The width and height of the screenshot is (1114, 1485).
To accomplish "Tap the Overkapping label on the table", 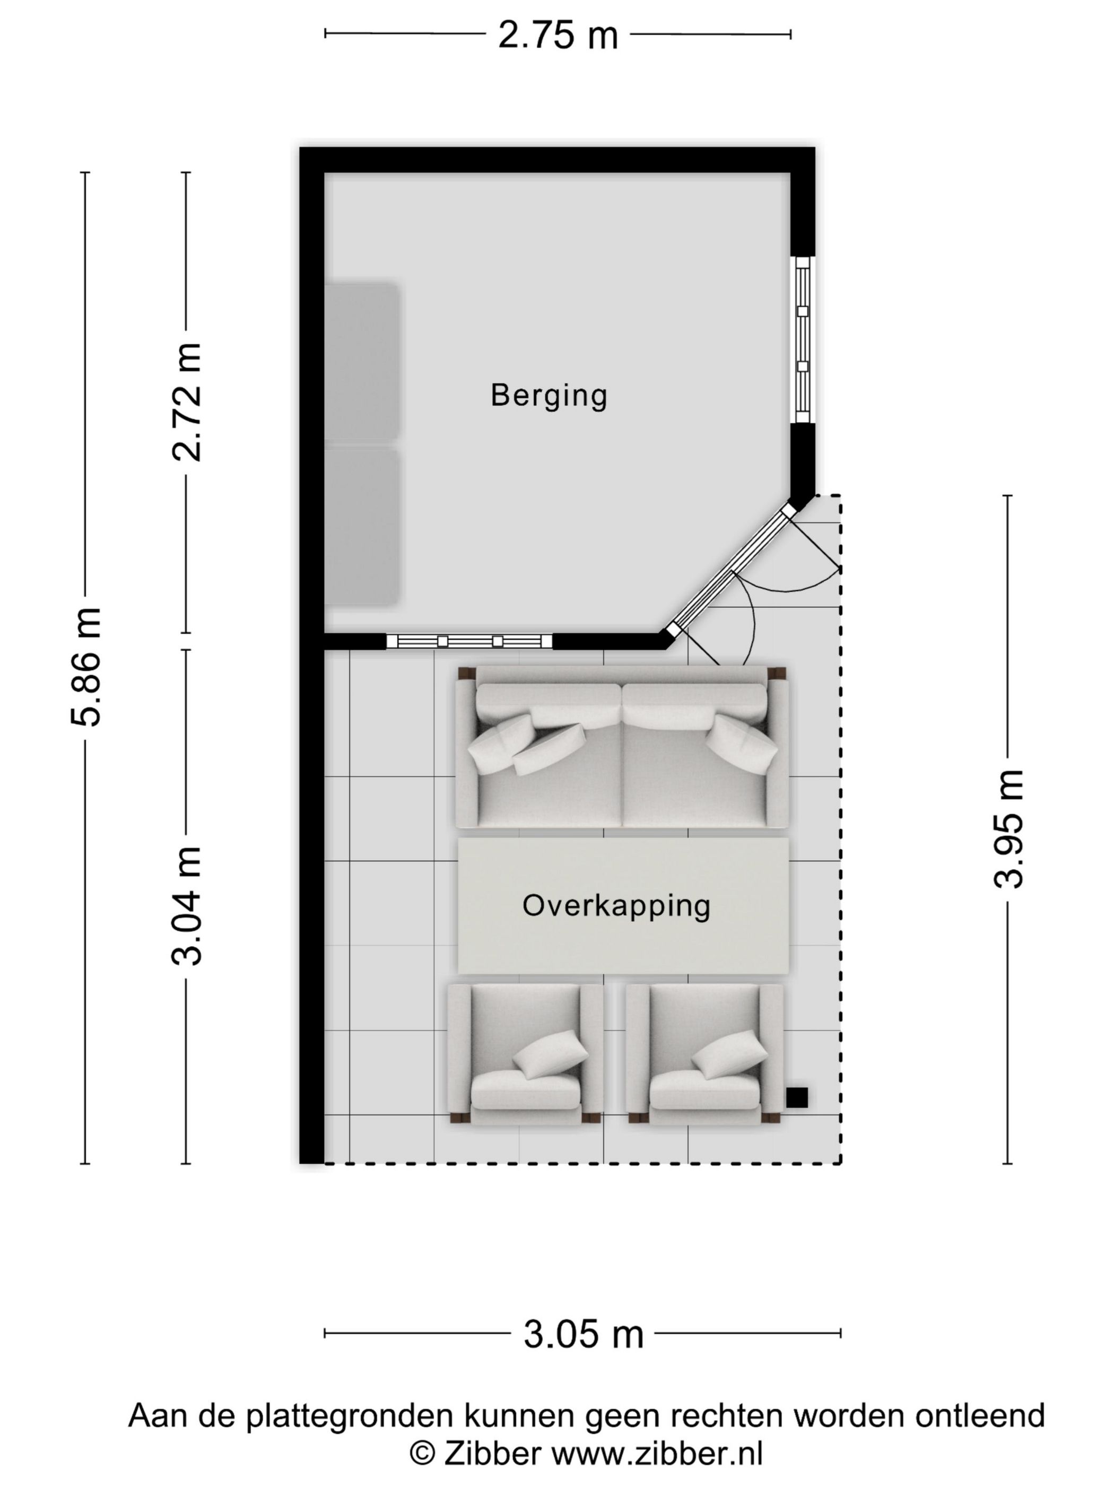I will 616,906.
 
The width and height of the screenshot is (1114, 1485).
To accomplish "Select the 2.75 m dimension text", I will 558,36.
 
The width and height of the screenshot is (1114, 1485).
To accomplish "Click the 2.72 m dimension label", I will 187,401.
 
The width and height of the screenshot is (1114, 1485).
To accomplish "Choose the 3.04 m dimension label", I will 187,906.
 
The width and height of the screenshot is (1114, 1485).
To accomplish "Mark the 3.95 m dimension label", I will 1008,829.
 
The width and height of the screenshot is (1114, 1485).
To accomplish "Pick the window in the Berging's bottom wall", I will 469,641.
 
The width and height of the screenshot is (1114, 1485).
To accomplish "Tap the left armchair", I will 525,1053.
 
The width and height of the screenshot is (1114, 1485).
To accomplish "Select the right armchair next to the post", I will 704,1053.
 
